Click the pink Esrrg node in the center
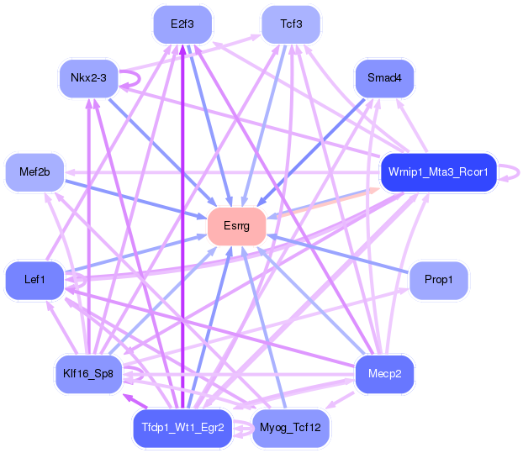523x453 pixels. point(236,226)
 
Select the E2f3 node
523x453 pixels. point(182,24)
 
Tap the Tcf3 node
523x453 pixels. point(291,24)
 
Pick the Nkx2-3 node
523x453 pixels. point(89,78)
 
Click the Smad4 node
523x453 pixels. point(384,78)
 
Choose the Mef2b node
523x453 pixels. point(34,172)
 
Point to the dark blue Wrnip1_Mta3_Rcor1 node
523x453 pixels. point(438,172)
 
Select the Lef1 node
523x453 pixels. point(34,280)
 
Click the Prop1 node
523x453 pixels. point(438,280)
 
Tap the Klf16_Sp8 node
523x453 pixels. point(89,374)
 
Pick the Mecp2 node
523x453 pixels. point(384,374)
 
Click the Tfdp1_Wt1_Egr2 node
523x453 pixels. point(182,428)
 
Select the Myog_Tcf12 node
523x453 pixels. point(291,428)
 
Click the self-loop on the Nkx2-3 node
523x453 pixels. point(140,79)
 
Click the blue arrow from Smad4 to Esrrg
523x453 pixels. point(311,152)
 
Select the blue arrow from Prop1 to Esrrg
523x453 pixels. point(337,254)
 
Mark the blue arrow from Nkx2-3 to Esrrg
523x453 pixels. point(163,152)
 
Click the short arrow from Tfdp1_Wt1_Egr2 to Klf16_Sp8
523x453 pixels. point(135,401)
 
